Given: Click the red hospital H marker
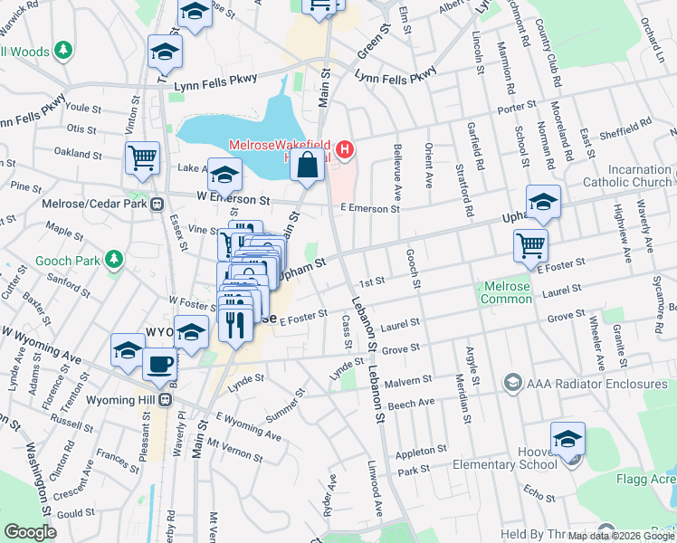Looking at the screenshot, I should (344, 149).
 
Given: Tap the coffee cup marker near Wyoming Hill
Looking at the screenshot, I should (160, 366).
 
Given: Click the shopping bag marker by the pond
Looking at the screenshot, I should (308, 167).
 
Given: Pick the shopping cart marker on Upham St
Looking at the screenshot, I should (530, 244).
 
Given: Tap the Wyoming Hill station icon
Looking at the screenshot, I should (165, 399).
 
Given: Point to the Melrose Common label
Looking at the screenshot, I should (506, 292).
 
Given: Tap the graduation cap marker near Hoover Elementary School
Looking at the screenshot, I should (567, 440).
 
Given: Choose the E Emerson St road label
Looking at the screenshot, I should (369, 209).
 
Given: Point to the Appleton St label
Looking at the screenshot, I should (423, 449).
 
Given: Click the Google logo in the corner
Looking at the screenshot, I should (30, 532).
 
